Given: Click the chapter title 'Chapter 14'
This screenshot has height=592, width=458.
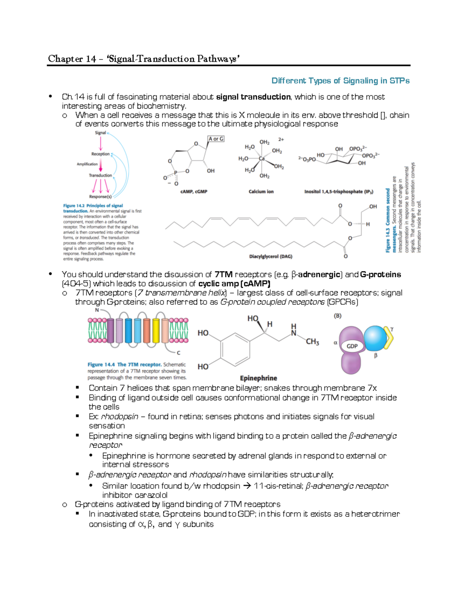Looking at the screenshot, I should [72, 59].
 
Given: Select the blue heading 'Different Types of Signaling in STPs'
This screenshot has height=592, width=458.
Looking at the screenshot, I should [340, 81].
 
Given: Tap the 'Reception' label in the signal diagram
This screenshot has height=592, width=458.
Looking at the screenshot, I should [100, 154].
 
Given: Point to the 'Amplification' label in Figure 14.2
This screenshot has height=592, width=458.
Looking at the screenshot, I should [87, 164].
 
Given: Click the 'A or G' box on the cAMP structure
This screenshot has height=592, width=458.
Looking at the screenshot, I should [216, 139].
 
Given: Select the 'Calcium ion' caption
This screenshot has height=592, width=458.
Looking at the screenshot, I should [261, 192].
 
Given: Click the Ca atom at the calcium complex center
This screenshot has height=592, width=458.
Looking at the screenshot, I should [262, 159].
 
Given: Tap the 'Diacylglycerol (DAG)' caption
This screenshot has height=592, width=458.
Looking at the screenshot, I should [270, 257].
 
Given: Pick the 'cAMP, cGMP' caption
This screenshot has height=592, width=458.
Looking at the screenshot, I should [194, 192].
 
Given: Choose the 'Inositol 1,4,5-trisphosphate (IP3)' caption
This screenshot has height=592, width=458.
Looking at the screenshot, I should [339, 192].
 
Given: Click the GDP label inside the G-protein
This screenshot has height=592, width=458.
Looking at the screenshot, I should [352, 346].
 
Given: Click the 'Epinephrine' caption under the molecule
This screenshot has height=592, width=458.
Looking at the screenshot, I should [258, 378].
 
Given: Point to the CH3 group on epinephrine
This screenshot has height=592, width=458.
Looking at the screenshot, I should [312, 342].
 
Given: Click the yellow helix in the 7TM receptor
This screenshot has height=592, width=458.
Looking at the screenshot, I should [156, 330].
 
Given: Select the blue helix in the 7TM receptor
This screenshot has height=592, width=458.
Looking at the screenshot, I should [128, 330].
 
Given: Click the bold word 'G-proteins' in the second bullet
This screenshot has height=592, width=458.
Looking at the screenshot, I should [380, 274].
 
